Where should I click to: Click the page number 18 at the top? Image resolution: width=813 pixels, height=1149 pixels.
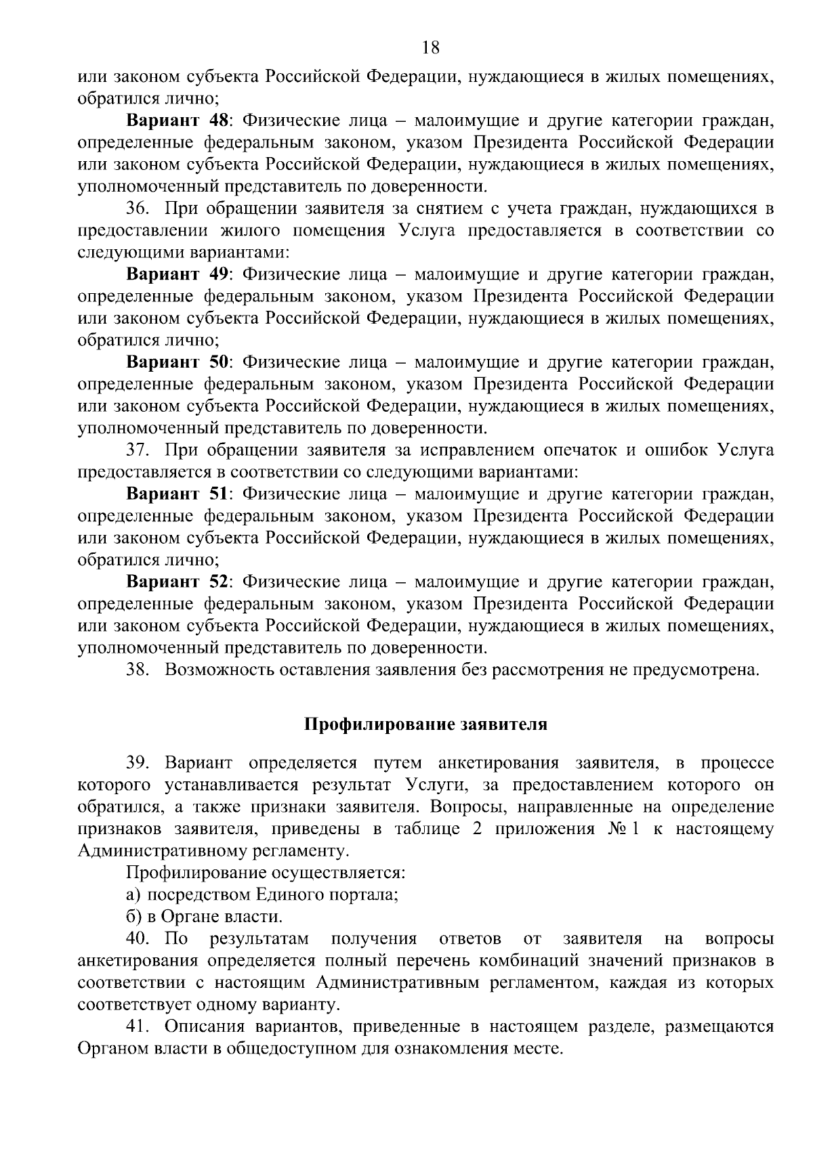point(430,47)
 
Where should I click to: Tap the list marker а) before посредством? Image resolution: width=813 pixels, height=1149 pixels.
point(133,895)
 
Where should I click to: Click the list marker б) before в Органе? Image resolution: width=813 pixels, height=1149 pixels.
point(133,917)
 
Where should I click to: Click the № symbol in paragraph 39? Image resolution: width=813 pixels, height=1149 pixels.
point(615,829)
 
